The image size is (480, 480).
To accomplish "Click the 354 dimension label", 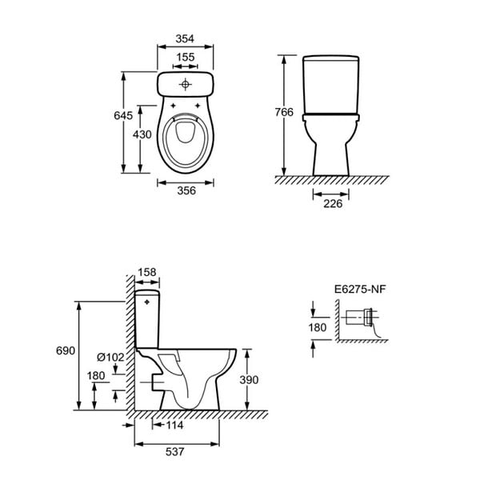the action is pos(185,39).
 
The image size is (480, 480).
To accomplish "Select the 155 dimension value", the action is pos(186,58).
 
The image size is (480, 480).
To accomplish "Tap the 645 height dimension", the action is pos(123,115).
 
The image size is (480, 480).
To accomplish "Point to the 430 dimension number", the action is pos(142,134).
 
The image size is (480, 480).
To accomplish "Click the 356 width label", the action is pos(186,190).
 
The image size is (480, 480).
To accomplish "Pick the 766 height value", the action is pos(284,112).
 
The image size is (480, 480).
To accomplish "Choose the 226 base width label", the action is pos(333,203).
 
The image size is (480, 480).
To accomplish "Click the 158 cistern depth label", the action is pos(147,272).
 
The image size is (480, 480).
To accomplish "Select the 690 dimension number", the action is pos(66,350).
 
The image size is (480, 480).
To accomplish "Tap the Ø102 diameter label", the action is pos(110,358).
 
